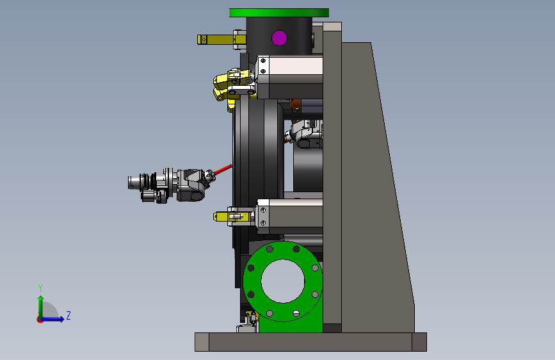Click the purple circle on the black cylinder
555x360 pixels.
click(279, 38)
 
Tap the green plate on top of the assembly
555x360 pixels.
click(279, 13)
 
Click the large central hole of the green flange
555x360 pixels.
click(283, 281)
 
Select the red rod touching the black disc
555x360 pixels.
click(223, 169)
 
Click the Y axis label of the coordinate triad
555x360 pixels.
click(40, 288)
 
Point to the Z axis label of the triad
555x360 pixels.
click(68, 315)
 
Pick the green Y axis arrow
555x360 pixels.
click(41, 306)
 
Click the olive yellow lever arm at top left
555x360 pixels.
click(215, 39)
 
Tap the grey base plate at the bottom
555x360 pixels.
click(310, 342)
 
